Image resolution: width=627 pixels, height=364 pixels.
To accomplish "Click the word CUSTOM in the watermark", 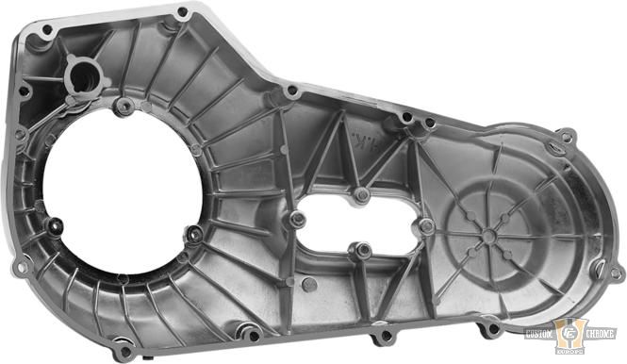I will point(546,335).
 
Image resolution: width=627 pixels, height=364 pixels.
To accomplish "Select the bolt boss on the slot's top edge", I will point(361,194).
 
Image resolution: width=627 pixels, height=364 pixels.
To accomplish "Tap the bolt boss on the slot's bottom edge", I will point(361,250).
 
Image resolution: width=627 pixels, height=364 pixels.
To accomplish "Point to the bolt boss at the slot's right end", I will point(426,226).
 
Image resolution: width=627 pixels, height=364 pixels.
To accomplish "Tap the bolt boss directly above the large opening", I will point(124,106).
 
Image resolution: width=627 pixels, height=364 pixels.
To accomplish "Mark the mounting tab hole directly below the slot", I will point(383,336).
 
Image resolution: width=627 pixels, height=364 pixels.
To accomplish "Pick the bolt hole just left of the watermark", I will point(490,329).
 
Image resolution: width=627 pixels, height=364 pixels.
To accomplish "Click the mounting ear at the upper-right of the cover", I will point(565,138).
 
